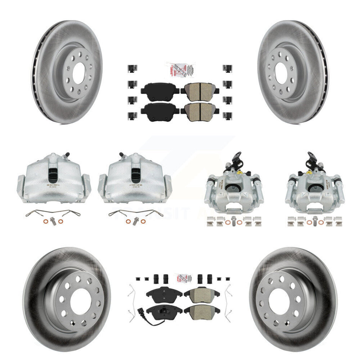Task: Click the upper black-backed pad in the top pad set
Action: [160, 90]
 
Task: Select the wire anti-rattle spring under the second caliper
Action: [136, 213]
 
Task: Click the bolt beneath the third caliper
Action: [234, 221]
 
